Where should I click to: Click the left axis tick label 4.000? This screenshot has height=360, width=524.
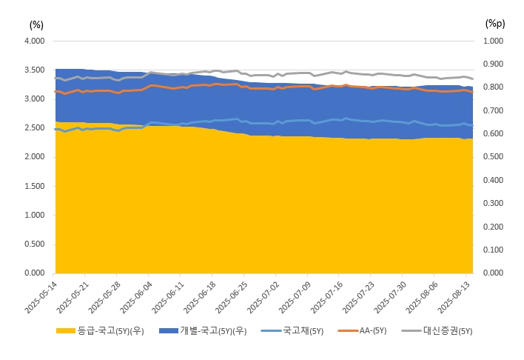[34, 41]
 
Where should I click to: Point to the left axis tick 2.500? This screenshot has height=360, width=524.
[34, 128]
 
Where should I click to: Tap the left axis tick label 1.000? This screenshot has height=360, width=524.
[34, 215]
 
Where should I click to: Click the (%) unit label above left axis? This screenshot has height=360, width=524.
[36, 23]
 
